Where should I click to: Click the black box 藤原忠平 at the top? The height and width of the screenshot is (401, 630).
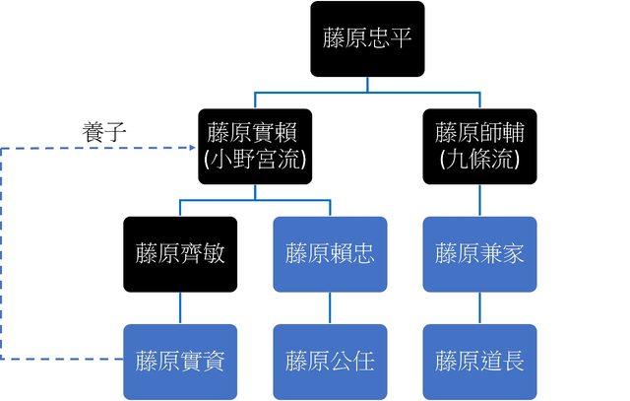pos(367,38)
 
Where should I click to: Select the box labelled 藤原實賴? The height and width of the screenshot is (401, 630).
pos(255,146)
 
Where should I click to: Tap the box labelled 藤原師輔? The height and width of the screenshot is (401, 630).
pos(479,146)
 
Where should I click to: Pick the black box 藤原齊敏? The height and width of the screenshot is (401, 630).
pos(180,253)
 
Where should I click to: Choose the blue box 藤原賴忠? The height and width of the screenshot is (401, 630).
pos(330,253)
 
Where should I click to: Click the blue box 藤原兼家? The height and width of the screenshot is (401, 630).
pos(479,253)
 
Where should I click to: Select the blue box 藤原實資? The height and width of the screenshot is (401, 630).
pos(180,360)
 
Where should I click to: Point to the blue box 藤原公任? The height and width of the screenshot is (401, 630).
pos(330,360)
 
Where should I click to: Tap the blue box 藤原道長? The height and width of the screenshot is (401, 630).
pos(479,360)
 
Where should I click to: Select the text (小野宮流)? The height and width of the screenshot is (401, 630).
pos(255,160)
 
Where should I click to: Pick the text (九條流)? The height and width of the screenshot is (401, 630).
pos(479,160)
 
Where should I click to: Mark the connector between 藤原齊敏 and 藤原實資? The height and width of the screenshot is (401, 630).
pos(180,307)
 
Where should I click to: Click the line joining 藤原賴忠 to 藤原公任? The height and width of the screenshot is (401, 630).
pos(330,307)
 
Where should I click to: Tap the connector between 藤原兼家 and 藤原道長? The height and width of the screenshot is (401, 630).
pos(479,307)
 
